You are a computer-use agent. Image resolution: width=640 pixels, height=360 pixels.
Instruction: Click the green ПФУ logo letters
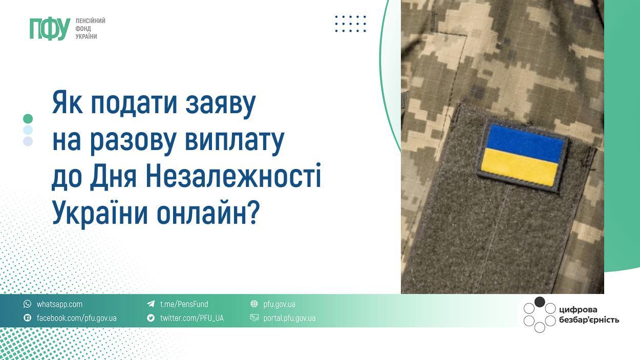click(50, 29)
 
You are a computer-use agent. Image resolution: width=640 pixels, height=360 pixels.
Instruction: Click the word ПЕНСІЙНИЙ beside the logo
click(90, 21)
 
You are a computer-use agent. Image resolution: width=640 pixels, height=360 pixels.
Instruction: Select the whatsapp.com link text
click(59, 304)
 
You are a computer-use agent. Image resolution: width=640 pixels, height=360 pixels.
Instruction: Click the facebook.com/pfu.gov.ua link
click(77, 319)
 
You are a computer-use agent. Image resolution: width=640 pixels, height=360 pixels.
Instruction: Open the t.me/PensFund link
click(184, 304)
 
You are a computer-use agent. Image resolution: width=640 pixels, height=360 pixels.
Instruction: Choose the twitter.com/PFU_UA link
click(191, 319)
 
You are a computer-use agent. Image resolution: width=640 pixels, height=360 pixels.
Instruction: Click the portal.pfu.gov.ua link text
click(289, 319)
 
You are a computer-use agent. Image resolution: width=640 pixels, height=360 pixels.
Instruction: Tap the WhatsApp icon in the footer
click(27, 304)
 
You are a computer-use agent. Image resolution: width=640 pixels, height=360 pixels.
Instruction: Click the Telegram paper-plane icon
click(151, 304)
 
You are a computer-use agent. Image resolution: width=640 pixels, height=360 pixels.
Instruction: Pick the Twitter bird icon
click(151, 317)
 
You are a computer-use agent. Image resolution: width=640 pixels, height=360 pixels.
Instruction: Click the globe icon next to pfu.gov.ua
click(254, 304)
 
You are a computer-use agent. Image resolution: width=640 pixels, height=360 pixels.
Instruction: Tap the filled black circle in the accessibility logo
click(540, 302)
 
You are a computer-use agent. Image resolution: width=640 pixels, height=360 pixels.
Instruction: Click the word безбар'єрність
click(589, 320)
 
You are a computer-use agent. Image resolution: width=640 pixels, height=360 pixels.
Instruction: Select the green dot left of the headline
click(28, 119)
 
